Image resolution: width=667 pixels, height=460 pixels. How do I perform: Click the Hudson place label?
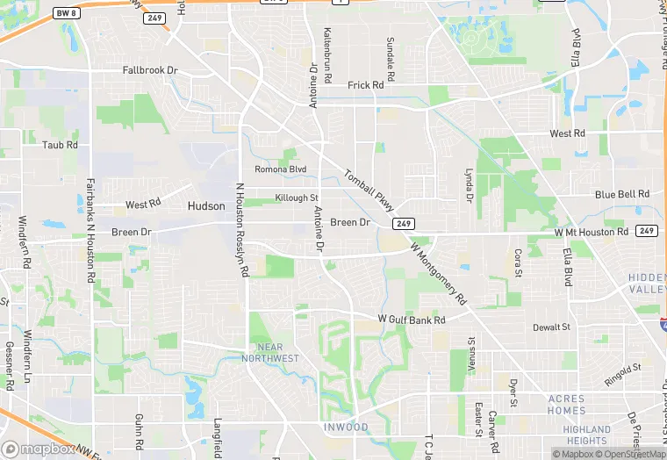tap(206, 206)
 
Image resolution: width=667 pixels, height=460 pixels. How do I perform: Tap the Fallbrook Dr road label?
tap(150, 69)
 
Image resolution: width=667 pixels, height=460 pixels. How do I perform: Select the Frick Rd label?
tap(366, 85)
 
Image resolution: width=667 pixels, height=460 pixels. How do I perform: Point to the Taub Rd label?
tap(61, 145)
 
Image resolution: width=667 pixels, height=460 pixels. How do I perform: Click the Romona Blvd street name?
tap(280, 169)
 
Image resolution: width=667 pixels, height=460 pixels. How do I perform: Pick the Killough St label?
tap(296, 198)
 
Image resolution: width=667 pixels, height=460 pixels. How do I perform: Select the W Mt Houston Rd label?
tap(592, 232)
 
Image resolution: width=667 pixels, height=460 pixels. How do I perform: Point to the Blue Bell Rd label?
tap(621, 194)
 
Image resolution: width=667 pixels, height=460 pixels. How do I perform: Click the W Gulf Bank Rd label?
tap(412, 320)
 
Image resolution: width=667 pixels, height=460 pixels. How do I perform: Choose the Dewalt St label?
tap(551, 327)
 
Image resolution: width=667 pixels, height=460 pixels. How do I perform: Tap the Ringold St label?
tap(622, 375)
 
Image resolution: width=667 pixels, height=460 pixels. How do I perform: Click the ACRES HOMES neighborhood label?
tap(566, 405)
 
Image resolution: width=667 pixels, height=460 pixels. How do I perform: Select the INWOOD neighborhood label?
tap(345, 428)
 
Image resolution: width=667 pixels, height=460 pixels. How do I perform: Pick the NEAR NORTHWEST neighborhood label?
tap(274, 352)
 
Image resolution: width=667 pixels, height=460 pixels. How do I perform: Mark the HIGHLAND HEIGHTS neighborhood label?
tap(586, 435)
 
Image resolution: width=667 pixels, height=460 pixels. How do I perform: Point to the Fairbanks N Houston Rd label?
tap(90, 230)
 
